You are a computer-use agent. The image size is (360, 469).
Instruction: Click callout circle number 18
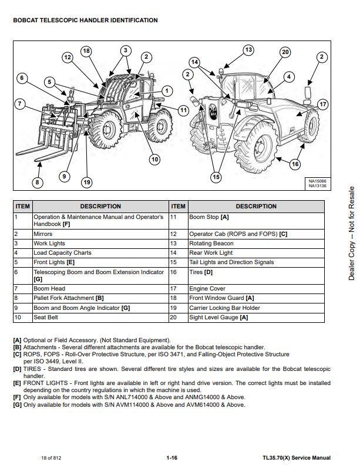click(86, 51)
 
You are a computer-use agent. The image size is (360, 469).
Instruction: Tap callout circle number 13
click(248, 50)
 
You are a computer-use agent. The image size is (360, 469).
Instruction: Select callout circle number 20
click(285, 52)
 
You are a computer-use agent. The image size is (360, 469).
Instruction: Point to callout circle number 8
click(38, 183)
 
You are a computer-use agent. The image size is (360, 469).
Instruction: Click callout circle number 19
click(87, 183)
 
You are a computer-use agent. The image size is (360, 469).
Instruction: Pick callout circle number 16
click(295, 164)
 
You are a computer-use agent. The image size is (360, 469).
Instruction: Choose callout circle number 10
click(154, 158)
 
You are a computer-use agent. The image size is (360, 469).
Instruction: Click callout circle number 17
click(322, 104)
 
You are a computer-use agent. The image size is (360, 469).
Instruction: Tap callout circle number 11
click(183, 110)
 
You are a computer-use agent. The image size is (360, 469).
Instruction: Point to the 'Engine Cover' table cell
click(207, 289)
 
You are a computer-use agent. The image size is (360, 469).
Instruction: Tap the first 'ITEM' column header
click(22, 207)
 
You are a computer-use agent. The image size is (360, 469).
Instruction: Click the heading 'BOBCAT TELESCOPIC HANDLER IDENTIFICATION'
click(85, 21)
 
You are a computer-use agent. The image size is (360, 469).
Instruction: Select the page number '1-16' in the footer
click(172, 458)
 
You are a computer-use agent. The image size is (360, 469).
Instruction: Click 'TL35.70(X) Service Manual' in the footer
click(296, 458)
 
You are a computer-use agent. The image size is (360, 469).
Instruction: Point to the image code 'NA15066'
click(318, 181)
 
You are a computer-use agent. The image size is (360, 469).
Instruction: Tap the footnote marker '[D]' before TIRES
click(17, 369)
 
